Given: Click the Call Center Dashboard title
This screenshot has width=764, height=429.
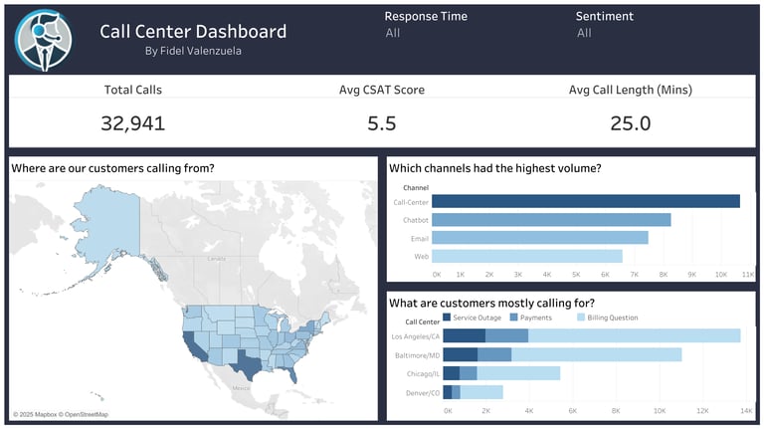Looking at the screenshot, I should [x=193, y=31].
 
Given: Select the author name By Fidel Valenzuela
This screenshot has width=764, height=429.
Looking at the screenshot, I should [x=193, y=51].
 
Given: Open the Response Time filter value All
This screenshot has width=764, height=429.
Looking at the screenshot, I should [x=393, y=33].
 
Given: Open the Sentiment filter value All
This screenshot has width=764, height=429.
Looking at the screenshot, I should [x=584, y=33].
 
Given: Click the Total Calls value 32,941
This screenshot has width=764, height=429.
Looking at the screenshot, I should [x=132, y=122].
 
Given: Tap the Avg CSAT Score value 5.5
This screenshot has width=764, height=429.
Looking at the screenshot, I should [x=381, y=122].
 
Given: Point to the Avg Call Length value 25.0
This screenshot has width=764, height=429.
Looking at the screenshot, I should [x=630, y=122].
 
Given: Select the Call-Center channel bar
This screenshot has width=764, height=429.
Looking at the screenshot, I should [x=586, y=201].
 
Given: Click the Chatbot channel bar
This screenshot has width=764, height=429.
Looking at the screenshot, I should [x=551, y=220].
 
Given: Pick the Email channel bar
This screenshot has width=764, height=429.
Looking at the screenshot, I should [x=540, y=238].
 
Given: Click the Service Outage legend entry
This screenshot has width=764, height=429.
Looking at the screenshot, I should [x=476, y=318].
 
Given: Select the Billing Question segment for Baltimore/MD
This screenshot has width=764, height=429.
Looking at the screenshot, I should [x=596, y=354].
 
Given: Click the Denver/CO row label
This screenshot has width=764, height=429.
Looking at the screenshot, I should [x=422, y=392].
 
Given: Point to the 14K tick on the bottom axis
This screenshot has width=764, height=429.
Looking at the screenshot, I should [x=746, y=410].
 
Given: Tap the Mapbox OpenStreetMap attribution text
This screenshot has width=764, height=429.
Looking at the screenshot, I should [x=61, y=414].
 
